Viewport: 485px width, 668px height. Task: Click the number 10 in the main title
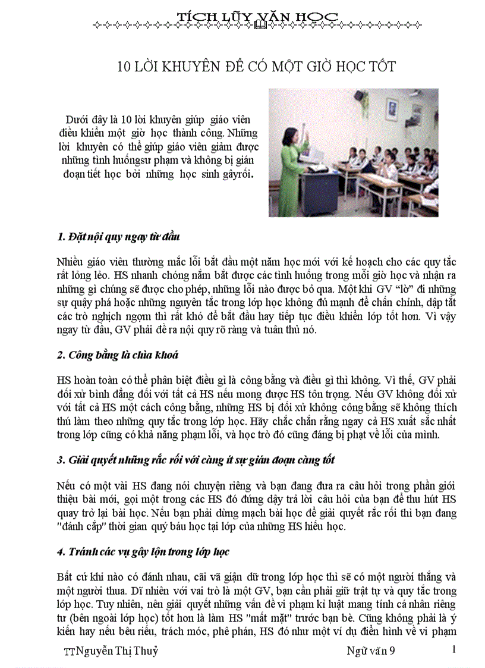tap(124, 66)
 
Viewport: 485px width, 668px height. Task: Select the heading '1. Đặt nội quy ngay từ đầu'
tap(118, 236)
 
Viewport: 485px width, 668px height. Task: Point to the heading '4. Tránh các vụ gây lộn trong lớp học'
tap(143, 551)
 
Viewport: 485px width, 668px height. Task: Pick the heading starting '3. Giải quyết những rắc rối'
tap(196, 460)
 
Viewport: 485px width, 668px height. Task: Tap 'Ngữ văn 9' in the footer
tap(371, 651)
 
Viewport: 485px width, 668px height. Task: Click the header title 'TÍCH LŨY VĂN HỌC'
tap(258, 15)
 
